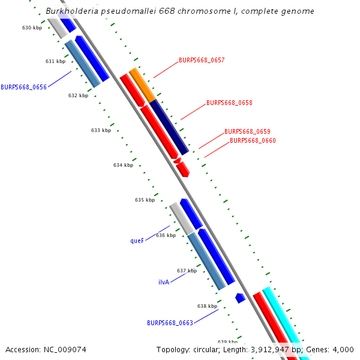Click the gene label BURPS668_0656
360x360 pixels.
pos(23,87)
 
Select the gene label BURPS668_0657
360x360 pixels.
pos(202,61)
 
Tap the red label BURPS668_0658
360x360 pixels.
pos(229,103)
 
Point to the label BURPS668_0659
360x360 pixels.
pos(247,131)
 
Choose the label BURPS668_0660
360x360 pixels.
pos(253,140)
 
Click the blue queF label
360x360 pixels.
pos(137,241)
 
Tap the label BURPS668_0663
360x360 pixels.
pos(170,323)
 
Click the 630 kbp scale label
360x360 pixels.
pos(32,28)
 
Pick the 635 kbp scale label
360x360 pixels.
pos(145,200)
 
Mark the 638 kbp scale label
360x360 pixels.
pos(207,306)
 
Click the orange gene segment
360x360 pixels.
pos(142,85)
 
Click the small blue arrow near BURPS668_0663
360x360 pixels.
pos(240,298)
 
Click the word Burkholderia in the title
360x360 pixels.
pos(70,11)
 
